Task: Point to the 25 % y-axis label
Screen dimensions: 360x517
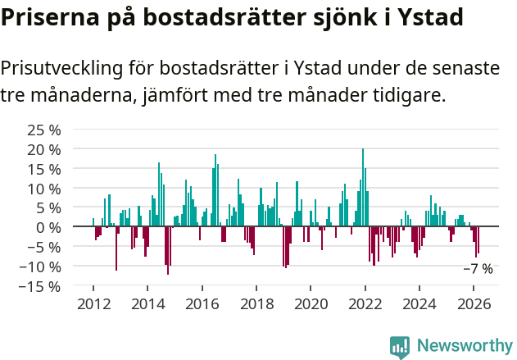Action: click(x=44, y=130)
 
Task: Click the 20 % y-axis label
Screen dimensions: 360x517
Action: click(x=44, y=149)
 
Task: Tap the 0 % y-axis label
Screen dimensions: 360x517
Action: click(x=48, y=227)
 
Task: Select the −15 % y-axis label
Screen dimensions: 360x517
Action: click(x=41, y=286)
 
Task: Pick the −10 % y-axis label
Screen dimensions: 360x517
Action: click(x=41, y=267)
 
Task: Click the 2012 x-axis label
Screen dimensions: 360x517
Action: click(x=93, y=303)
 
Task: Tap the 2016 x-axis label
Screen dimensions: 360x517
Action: click(x=202, y=303)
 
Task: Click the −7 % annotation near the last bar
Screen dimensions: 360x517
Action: click(x=478, y=269)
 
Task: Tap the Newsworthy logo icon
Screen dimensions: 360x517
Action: click(x=400, y=346)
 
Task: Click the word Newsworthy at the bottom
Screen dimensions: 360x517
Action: click(x=465, y=346)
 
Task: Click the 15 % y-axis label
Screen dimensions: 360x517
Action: click(x=44, y=169)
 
